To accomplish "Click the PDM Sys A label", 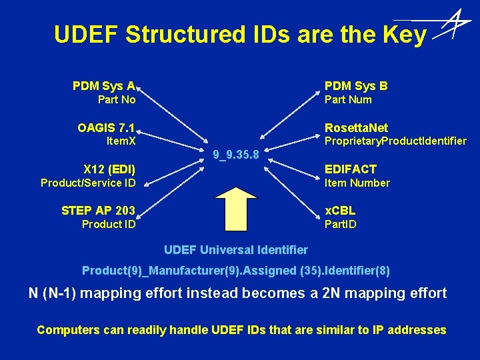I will (x=104, y=86).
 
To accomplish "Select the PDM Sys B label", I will (x=356, y=86).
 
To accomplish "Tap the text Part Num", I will (x=348, y=100).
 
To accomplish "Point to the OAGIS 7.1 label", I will (x=106, y=127).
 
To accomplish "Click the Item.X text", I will (x=121, y=141).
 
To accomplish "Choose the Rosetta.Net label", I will (x=356, y=127).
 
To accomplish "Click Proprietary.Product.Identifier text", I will (x=395, y=141).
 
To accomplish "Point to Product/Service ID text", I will (x=88, y=183).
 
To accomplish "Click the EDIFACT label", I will (x=350, y=169).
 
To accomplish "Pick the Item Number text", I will (x=357, y=183).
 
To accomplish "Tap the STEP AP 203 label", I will (x=98, y=211).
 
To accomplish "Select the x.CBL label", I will (x=340, y=211).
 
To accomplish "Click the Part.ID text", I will (x=340, y=224).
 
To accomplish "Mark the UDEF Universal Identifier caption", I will (x=236, y=250).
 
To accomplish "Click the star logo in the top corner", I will (x=453, y=26).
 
